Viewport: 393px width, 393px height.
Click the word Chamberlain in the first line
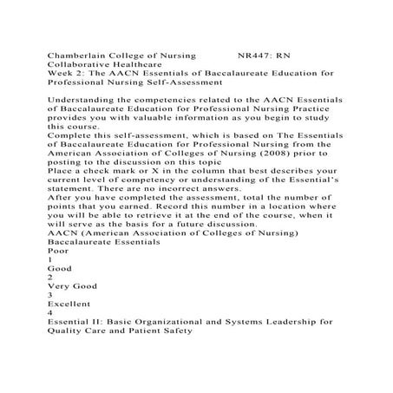pyautogui.click(x=79, y=56)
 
